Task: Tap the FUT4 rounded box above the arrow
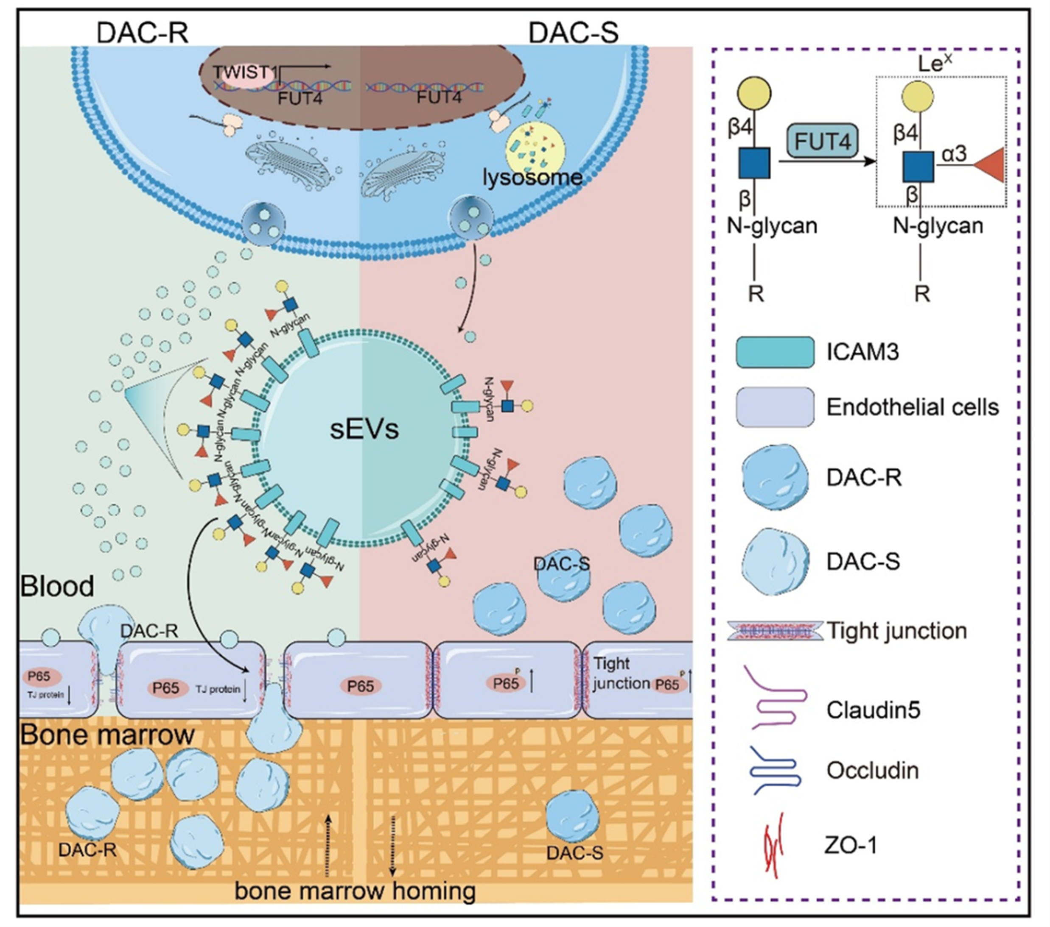823,141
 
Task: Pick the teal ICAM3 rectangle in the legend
775,352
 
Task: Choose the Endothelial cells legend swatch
775,407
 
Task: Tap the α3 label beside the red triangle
954,153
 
